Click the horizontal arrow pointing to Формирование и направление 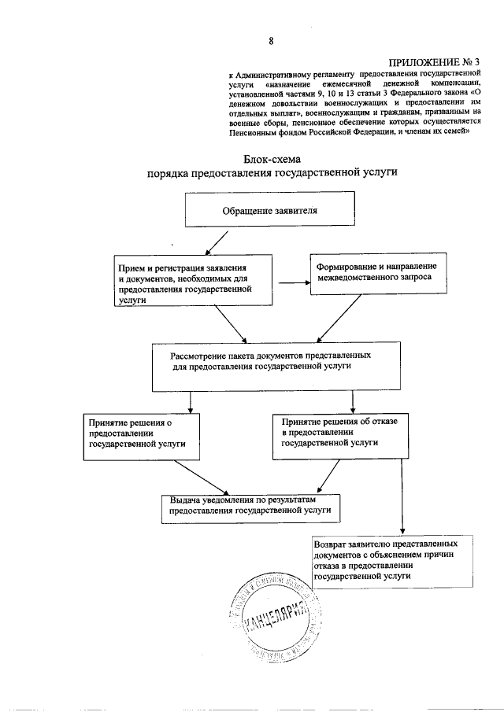coord(290,284)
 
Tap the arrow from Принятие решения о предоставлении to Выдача coord(201,477)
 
